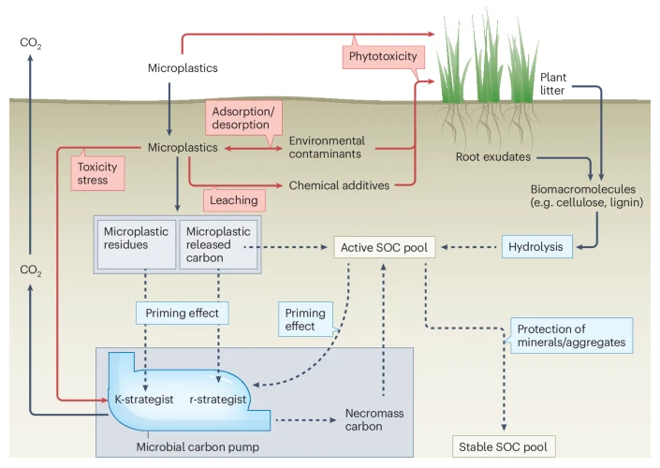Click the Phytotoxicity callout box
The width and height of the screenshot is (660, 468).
(381, 57)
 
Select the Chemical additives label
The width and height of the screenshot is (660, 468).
(339, 185)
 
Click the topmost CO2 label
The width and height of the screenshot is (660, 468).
(31, 44)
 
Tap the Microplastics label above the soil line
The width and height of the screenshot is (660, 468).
(183, 68)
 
